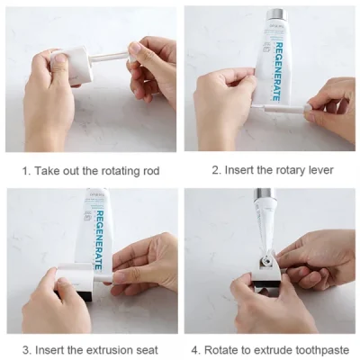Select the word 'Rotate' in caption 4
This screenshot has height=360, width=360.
pyautogui.click(x=224, y=349)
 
